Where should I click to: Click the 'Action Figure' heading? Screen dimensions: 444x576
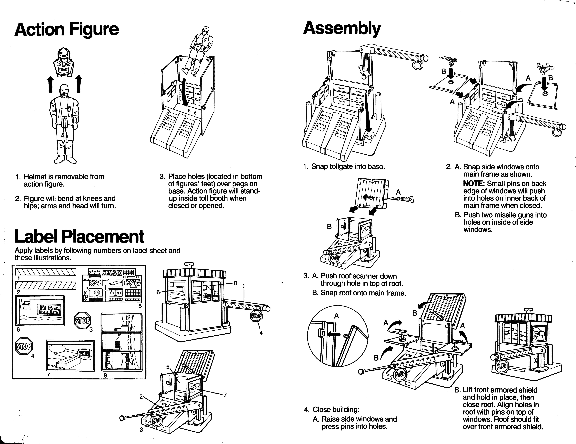tap(66, 29)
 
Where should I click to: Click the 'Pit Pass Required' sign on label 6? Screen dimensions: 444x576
tap(50, 309)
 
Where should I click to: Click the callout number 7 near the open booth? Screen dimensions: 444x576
tap(225, 395)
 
